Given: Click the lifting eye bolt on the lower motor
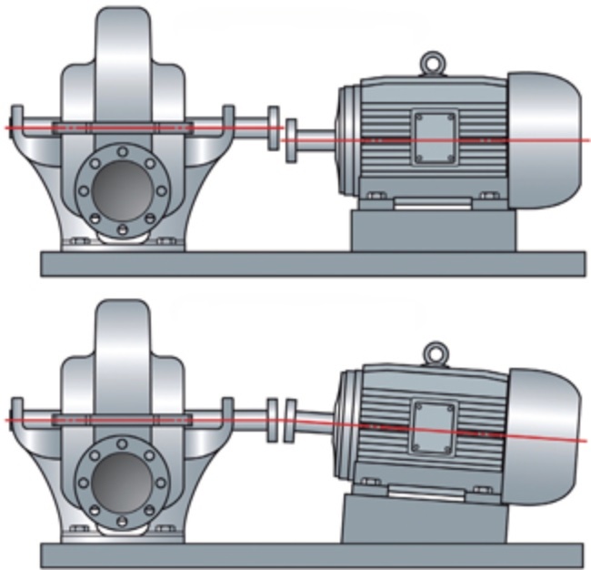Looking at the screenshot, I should pos(437,351).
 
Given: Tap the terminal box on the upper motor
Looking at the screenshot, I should pos(433,137).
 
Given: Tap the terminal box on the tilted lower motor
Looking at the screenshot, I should pos(432,424).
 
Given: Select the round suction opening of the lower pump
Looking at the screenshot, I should pos(122,480).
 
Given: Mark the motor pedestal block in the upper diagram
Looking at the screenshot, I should pos(433,229).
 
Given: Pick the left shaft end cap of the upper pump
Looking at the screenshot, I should pos(16,127).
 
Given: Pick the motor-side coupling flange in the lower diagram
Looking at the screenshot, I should pos(291,415).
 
